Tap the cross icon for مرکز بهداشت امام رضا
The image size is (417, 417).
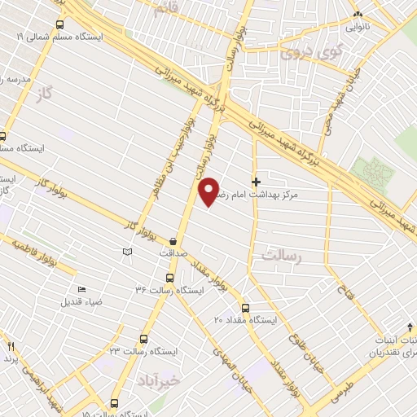pyautogui.click(x=257, y=182)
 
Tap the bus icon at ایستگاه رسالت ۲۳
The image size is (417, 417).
pyautogui.click(x=144, y=339)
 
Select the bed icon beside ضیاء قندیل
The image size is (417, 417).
pyautogui.click(x=81, y=289)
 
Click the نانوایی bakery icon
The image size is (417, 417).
pyautogui.click(x=358, y=14)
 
